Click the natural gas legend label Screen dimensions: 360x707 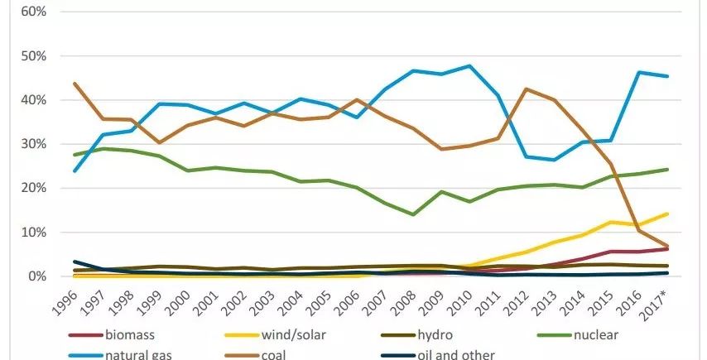(x=140, y=355)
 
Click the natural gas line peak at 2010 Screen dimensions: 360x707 (x=471, y=66)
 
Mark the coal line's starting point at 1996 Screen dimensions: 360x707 (x=76, y=84)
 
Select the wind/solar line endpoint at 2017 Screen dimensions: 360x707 (x=667, y=214)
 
